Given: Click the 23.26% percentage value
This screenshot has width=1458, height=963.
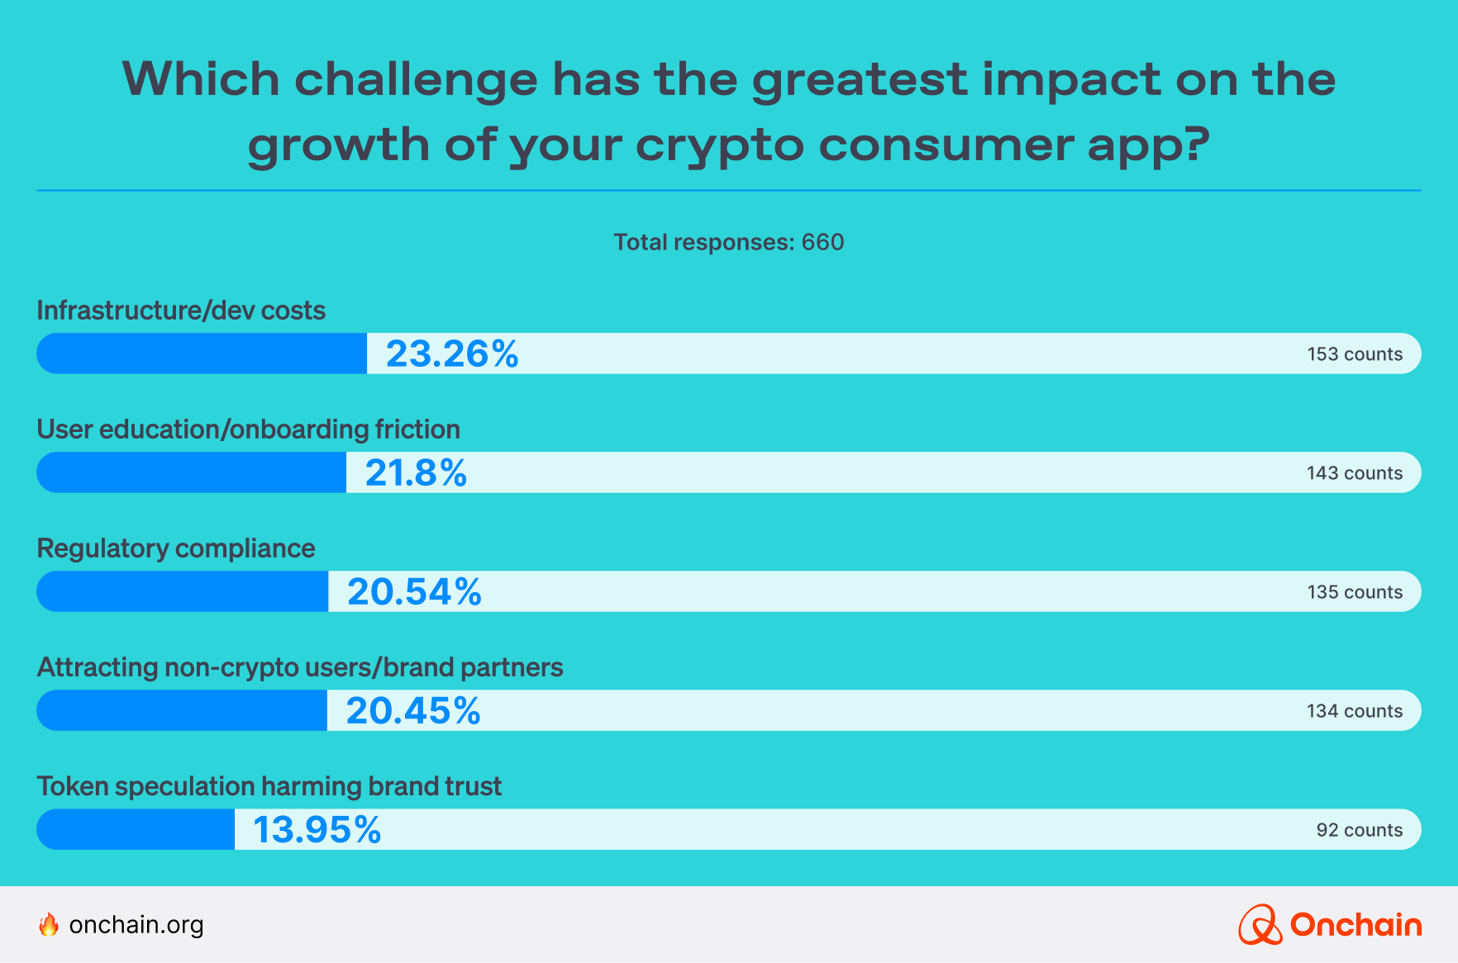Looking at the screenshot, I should click(x=452, y=354).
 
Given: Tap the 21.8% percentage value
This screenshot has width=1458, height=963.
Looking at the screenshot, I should click(x=416, y=473).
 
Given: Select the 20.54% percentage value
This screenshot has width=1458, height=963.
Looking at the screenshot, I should click(x=414, y=592).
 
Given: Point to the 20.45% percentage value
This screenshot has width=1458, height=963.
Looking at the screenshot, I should click(x=413, y=711).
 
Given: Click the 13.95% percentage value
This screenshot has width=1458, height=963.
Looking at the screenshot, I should click(x=317, y=830).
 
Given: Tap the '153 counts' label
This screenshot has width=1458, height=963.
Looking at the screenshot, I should click(x=1355, y=354).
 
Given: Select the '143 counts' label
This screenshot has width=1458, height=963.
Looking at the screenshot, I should click(x=1354, y=473).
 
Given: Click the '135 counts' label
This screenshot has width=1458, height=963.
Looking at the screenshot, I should click(x=1355, y=592).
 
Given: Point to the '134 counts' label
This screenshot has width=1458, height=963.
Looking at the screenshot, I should click(x=1354, y=711).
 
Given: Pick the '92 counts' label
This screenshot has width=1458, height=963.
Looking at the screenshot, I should click(x=1359, y=830).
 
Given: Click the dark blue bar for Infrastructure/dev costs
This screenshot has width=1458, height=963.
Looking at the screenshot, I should click(x=202, y=354).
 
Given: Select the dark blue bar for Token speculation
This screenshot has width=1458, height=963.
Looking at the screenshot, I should click(x=136, y=830).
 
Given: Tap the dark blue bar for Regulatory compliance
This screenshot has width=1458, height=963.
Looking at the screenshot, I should click(x=183, y=592).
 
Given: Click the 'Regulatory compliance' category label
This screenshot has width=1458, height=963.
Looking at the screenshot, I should click(x=176, y=548).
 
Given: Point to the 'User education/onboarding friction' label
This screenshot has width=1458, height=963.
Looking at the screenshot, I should click(x=248, y=429).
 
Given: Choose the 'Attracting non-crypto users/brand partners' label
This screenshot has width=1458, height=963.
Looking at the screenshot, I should click(x=300, y=667).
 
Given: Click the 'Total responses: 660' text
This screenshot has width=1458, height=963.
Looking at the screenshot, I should click(x=728, y=242).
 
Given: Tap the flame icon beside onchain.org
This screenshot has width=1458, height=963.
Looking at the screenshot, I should click(x=49, y=924).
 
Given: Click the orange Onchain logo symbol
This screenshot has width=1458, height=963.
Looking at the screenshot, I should click(x=1260, y=925).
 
